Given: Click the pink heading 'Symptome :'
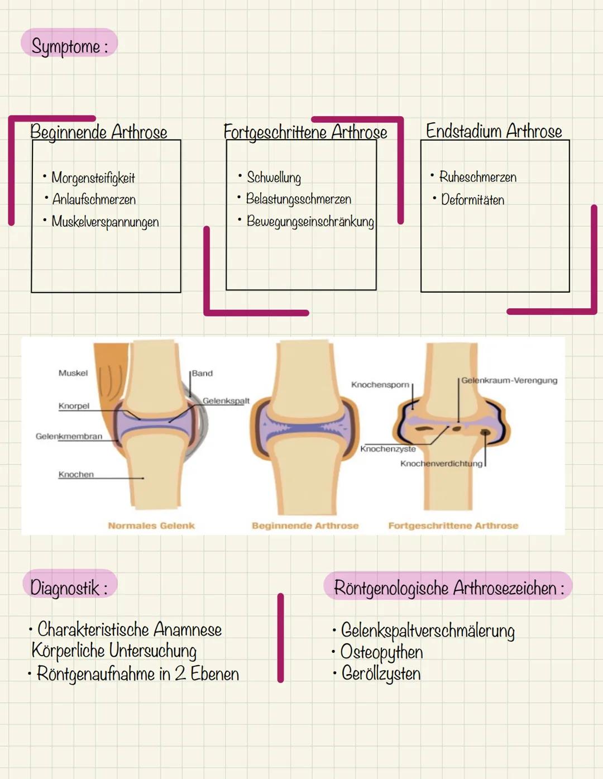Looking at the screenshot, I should point(69,45).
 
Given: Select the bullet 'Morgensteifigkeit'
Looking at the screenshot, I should point(93,178).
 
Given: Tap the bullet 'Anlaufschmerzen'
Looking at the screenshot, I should point(94,199).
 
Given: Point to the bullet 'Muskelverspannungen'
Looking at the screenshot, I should point(105,222).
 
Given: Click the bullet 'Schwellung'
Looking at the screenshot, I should point(274,178).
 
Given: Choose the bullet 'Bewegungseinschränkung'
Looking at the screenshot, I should point(310,221).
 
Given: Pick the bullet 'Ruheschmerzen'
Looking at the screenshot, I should point(477,177).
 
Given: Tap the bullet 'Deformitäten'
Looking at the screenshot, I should point(472,199).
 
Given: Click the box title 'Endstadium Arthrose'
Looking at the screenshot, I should point(494,131).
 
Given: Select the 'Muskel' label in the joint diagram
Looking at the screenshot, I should point(73,373).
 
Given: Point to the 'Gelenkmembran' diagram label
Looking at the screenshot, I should point(69,436).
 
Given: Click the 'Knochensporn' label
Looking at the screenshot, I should point(380,385).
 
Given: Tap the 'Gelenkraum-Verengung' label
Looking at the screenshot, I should point(509,380).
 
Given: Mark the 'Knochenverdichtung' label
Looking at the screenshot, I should point(441,463).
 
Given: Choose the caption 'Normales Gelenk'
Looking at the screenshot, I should point(151,525).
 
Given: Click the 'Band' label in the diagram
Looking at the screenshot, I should point(202,373).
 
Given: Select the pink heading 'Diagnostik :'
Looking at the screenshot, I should point(69,587).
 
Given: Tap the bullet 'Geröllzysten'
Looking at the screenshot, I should point(381,673).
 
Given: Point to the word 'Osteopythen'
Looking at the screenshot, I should point(382,652).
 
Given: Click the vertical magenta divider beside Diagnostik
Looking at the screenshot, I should point(280,638).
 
